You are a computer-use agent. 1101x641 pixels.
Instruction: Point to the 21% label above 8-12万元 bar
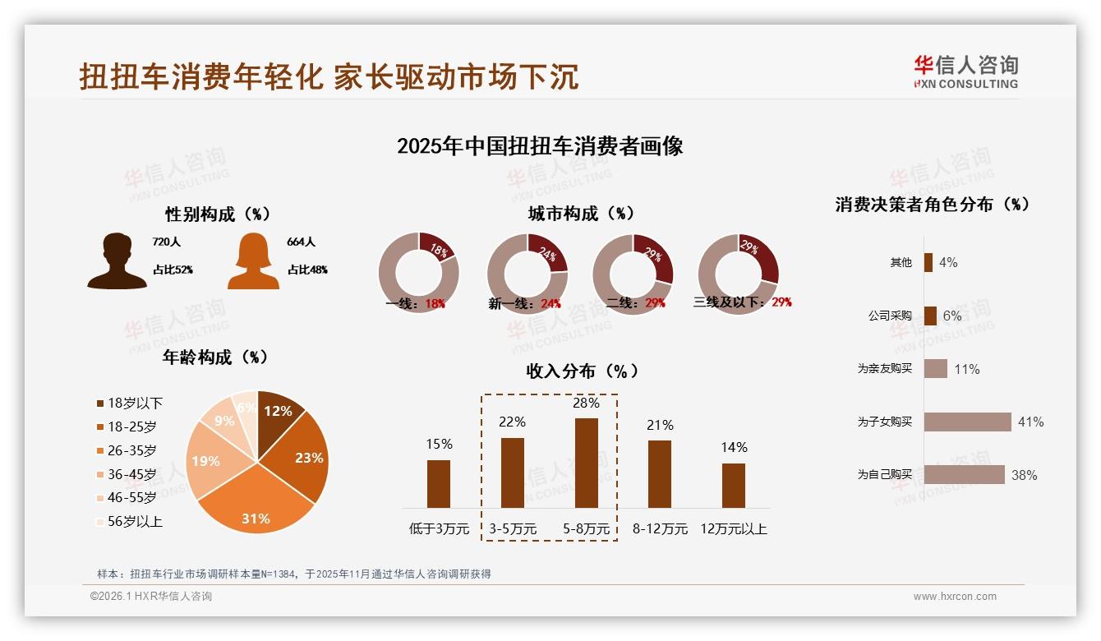coord(660,425)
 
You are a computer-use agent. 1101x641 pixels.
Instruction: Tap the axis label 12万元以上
coord(733,528)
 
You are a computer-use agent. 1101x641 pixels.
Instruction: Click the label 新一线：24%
coord(524,303)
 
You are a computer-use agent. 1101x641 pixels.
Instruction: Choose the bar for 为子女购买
coord(967,422)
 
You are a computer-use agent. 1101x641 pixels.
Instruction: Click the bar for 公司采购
coord(930,316)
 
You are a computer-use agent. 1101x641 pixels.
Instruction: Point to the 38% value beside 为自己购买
coord(1024,475)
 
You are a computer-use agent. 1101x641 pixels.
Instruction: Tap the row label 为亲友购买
coord(884,369)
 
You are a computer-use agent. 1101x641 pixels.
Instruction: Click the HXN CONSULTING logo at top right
coord(966,72)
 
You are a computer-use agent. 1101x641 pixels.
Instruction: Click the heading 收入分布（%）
coord(582,371)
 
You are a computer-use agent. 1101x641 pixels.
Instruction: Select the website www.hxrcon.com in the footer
coord(955,597)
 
